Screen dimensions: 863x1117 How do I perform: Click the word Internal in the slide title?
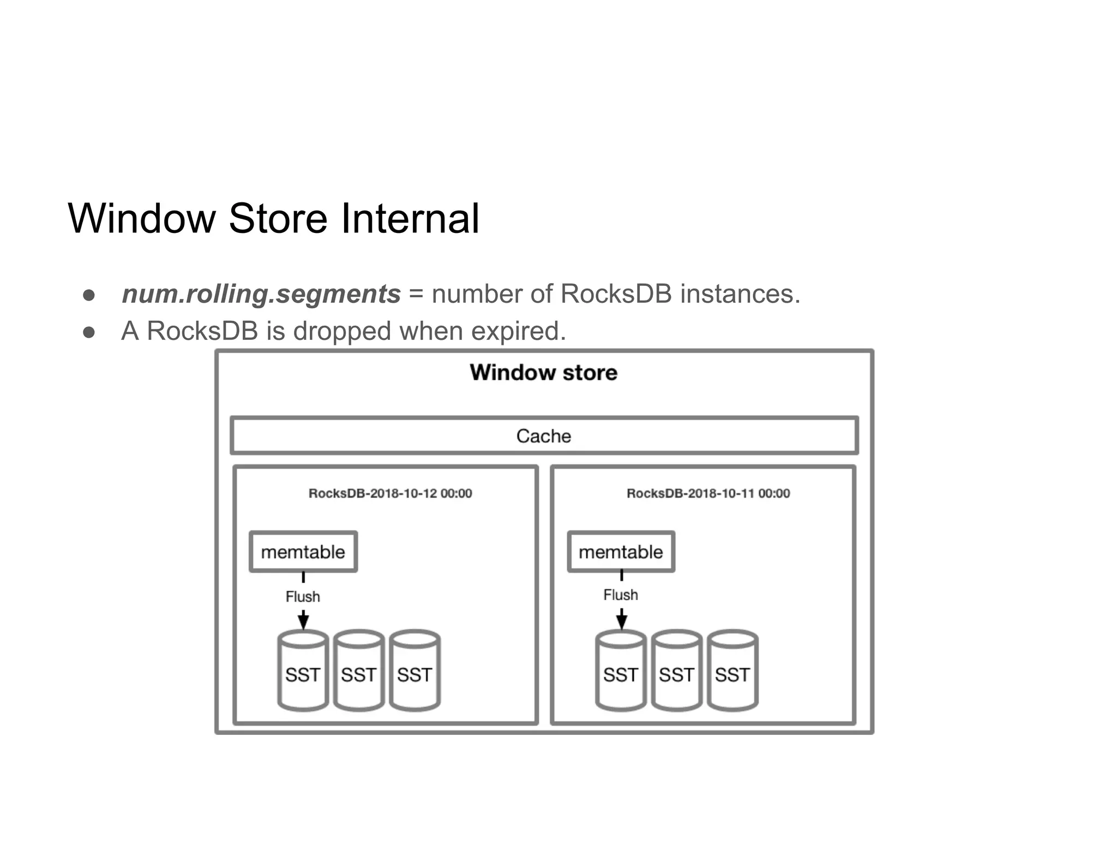[x=410, y=218]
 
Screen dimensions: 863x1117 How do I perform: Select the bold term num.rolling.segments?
[x=261, y=294]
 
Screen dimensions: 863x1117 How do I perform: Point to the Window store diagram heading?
[x=544, y=373]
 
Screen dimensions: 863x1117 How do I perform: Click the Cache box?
[x=544, y=435]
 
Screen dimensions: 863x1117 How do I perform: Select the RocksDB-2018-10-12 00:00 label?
[x=390, y=493]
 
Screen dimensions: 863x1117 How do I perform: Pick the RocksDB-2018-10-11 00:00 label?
[x=708, y=493]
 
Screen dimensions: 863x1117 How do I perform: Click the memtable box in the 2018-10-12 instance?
[x=303, y=552]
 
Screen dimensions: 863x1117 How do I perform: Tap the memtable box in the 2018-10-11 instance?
[x=621, y=552]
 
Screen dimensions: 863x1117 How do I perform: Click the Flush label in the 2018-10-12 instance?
[x=303, y=596]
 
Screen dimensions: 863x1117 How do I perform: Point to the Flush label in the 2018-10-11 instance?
[x=621, y=595]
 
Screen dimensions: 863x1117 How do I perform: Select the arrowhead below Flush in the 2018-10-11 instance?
[x=621, y=620]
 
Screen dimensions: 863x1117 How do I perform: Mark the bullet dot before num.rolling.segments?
[x=89, y=295]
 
